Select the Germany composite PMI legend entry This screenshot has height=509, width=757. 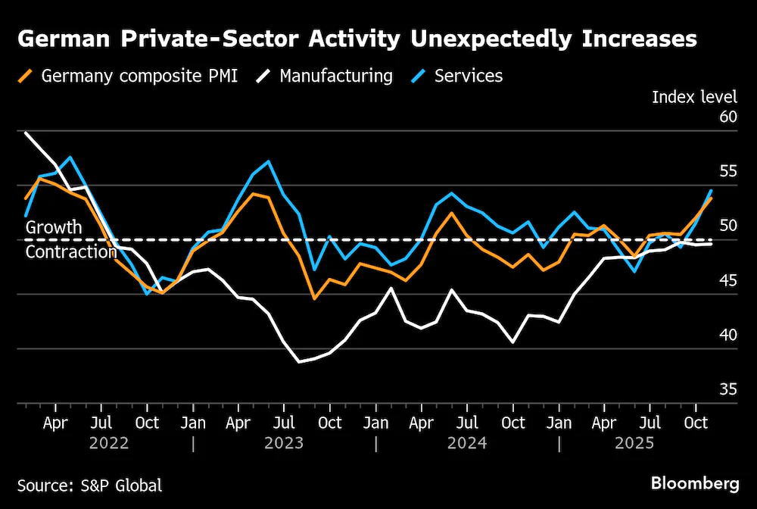[x=128, y=76]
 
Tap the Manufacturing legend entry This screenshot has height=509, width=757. [x=325, y=76]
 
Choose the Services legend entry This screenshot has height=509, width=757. [x=456, y=76]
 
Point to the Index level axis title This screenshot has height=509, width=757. [x=694, y=97]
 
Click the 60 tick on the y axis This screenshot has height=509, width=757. [x=728, y=117]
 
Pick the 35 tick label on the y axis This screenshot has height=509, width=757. [x=728, y=389]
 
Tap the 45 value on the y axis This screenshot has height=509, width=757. [x=728, y=280]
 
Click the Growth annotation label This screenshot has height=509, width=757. [x=54, y=227]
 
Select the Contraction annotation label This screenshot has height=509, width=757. [x=71, y=251]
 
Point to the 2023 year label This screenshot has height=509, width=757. [x=284, y=443]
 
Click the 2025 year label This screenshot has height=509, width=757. [x=634, y=443]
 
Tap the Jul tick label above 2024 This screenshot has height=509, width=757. [x=467, y=423]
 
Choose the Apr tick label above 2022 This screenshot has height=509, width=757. [x=55, y=423]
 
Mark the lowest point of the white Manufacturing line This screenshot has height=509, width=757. [x=300, y=361]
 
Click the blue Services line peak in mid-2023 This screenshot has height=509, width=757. [x=269, y=161]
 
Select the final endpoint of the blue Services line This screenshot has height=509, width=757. [x=711, y=191]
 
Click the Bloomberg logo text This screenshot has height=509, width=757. [x=695, y=484]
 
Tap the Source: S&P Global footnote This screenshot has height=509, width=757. [x=90, y=486]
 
